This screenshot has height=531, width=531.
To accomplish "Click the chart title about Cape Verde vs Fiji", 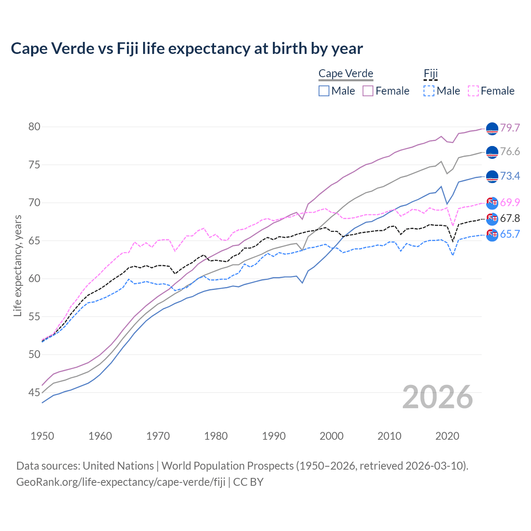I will (187, 49).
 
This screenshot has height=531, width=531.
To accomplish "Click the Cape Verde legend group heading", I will (346, 73).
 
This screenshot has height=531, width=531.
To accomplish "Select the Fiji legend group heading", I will (431, 73).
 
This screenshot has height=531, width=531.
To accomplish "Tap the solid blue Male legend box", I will (324, 91).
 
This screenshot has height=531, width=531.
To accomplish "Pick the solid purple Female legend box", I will (368, 91).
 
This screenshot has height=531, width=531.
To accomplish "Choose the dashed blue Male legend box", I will (429, 91).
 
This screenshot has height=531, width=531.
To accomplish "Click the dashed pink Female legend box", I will (473, 91).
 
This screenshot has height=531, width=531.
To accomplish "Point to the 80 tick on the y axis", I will (34, 127).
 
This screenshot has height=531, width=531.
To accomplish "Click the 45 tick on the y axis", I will (34, 392).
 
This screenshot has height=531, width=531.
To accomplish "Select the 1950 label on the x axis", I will (42, 436).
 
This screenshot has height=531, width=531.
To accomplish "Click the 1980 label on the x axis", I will (216, 436).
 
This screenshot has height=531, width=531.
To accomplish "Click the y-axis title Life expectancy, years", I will (17, 265).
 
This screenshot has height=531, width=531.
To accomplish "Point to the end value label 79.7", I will (510, 128).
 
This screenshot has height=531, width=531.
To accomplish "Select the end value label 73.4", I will (510, 176).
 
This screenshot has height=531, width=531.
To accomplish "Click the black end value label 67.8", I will (510, 218).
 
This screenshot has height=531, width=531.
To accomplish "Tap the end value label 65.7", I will (510, 234).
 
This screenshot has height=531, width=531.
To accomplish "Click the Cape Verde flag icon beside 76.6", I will (492, 152).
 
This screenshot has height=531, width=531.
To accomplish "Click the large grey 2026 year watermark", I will (437, 397).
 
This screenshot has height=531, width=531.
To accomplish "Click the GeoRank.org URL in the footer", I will (121, 482).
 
